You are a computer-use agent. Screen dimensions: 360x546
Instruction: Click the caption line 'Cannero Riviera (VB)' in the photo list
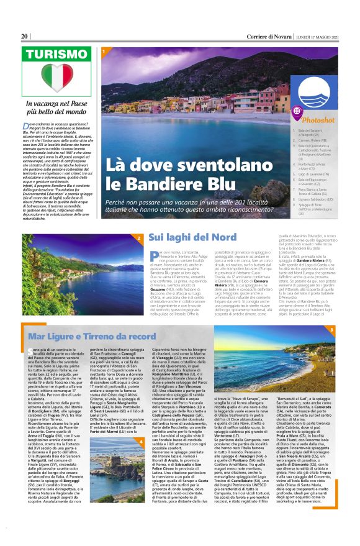[310, 140]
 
